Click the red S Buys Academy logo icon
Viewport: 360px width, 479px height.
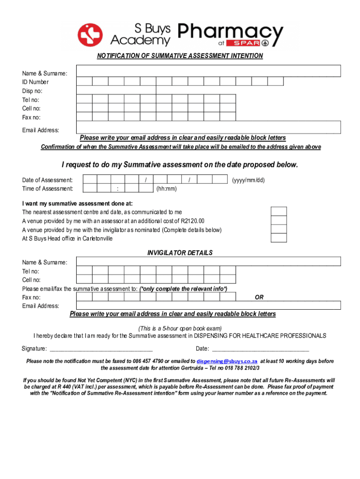pyautogui.click(x=90, y=35)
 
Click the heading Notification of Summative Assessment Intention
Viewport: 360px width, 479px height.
pyautogui.click(x=180, y=56)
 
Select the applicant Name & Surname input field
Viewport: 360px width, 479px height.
pyautogui.click(x=209, y=71)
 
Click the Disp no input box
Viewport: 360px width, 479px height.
pyautogui.click(x=116, y=90)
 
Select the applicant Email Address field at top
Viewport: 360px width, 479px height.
pyautogui.click(x=209, y=127)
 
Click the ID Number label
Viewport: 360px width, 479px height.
pyautogui.click(x=35, y=82)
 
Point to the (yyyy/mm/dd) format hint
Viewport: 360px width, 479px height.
pyautogui.click(x=248, y=180)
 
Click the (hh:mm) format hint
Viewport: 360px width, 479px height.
pyautogui.click(x=166, y=189)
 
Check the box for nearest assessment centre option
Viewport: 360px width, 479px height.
pyautogui.click(x=279, y=212)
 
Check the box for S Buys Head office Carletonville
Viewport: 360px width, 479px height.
pyautogui.click(x=279, y=238)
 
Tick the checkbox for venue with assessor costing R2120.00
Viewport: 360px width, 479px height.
pyautogui.click(x=279, y=221)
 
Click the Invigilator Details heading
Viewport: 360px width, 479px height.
pyautogui.click(x=180, y=253)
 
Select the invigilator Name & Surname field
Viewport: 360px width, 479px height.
pyautogui.click(x=209, y=261)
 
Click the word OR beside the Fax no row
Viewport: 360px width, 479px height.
pyautogui.click(x=259, y=298)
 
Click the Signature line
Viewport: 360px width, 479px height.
pyautogui.click(x=101, y=349)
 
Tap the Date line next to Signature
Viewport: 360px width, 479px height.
pyautogui.click(x=260, y=349)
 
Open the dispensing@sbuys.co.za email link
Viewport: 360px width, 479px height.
pyautogui.click(x=227, y=362)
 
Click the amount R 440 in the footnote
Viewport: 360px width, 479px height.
pyautogui.click(x=72, y=387)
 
